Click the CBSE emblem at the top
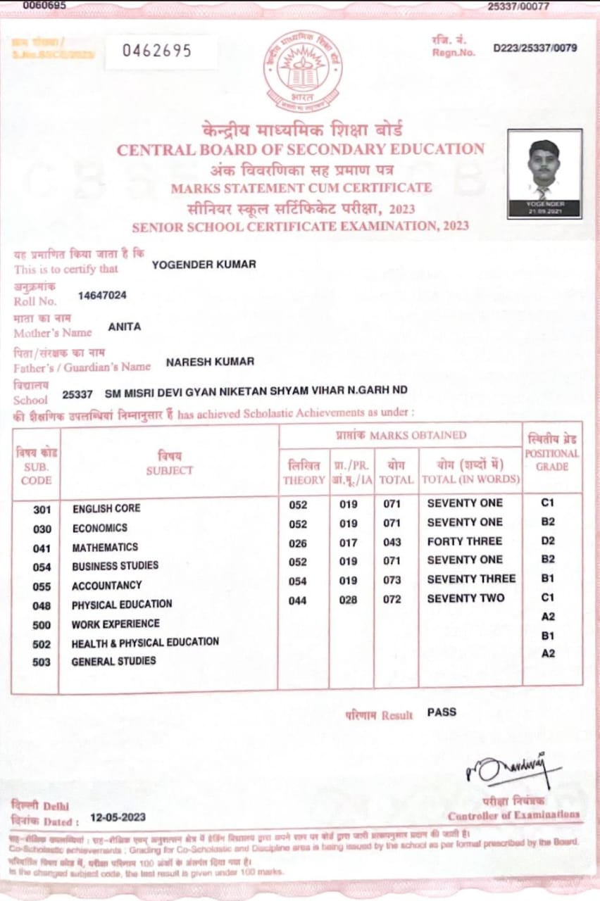click(x=303, y=72)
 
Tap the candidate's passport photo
click(x=544, y=173)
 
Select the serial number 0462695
click(x=157, y=51)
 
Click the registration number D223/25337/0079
click(x=535, y=49)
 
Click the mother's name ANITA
click(x=125, y=327)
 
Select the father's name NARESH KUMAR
click(x=210, y=362)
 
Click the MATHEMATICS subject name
click(x=105, y=547)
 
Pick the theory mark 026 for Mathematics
click(x=297, y=543)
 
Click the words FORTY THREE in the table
click(x=464, y=541)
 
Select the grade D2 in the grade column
click(x=548, y=541)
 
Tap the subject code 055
click(x=42, y=586)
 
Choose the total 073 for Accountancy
click(x=392, y=581)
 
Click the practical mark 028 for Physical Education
click(x=348, y=600)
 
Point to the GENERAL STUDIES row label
click(x=113, y=661)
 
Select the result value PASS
click(x=442, y=712)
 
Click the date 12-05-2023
click(x=118, y=817)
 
